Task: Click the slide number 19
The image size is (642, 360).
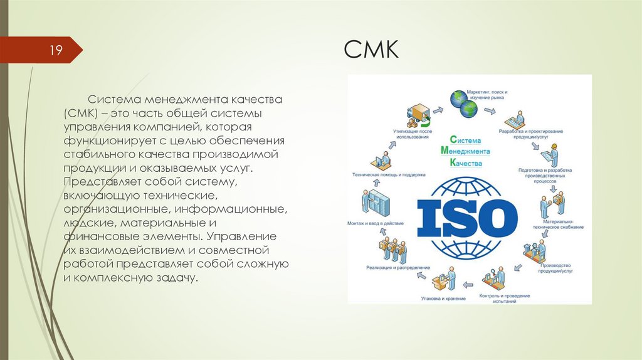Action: pos(56,50)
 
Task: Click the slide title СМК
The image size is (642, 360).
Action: pos(371,49)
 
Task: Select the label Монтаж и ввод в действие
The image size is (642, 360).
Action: pos(375,223)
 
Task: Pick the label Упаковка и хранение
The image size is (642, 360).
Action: pos(443,299)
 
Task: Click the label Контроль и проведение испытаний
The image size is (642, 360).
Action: pos(504,298)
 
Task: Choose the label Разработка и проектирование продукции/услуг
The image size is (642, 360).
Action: pos(530,134)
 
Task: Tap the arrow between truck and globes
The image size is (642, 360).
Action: pos(438,110)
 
